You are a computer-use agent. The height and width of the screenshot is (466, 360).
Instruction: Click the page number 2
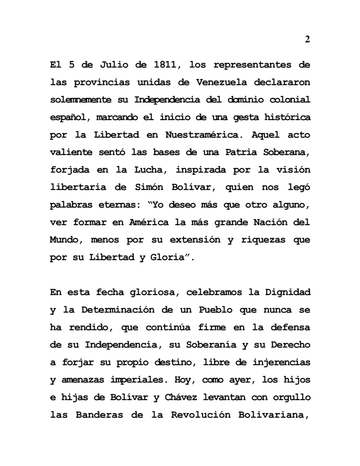(307, 39)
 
